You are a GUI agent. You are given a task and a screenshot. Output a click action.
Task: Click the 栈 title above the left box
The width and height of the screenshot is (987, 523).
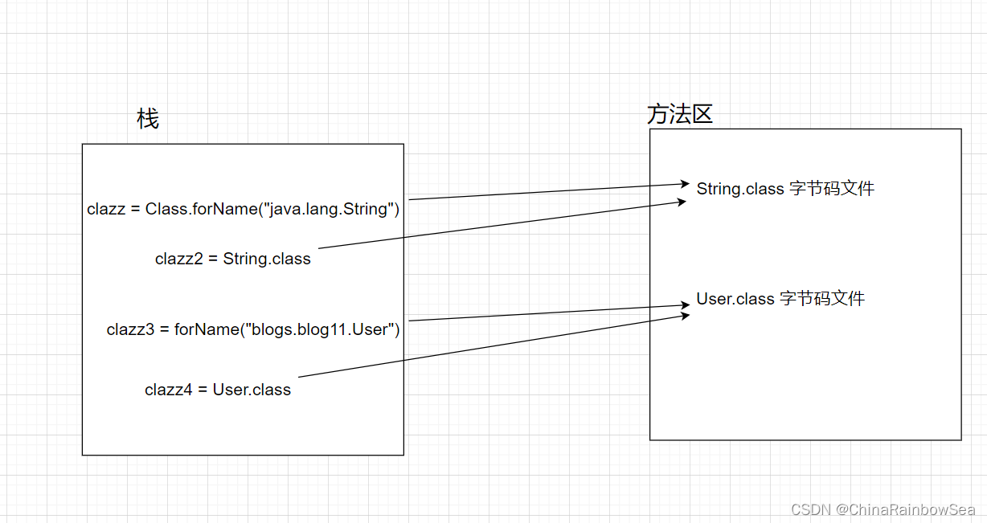tap(148, 119)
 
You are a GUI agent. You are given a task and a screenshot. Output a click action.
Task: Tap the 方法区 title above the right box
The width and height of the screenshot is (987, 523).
tap(679, 114)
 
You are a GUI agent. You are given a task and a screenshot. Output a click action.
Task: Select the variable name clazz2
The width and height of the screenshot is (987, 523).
tap(179, 259)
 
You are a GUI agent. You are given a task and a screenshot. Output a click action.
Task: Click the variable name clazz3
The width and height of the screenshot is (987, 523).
tap(130, 329)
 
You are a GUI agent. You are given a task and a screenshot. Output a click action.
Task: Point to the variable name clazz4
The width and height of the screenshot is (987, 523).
tap(168, 390)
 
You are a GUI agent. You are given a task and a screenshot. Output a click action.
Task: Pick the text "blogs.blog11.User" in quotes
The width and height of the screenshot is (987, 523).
tap(318, 329)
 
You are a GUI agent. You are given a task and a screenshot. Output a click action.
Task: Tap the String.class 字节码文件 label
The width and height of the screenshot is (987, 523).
tap(785, 189)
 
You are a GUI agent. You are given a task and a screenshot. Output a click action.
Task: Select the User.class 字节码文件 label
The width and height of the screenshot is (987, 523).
tap(780, 299)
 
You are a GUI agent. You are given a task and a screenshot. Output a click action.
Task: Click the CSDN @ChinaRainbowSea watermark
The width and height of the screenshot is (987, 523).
tap(883, 509)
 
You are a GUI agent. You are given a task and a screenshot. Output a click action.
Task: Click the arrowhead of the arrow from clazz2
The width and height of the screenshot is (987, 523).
tap(682, 202)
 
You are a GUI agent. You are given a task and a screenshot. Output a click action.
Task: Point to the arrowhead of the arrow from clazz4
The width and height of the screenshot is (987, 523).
tap(685, 316)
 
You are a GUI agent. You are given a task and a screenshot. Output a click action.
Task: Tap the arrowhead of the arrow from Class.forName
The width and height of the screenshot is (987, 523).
tap(685, 184)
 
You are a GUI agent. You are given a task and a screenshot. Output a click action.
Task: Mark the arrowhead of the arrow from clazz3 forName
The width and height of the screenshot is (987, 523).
tap(685, 304)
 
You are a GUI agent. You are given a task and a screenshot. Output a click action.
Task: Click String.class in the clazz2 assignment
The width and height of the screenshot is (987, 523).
tap(267, 259)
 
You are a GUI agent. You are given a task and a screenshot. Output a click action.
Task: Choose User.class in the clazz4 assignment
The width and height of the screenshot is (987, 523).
tap(252, 390)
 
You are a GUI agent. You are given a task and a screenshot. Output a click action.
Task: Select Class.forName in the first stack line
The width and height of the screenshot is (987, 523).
tap(202, 209)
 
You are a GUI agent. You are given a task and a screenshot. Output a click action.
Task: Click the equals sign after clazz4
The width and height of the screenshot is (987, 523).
tap(203, 390)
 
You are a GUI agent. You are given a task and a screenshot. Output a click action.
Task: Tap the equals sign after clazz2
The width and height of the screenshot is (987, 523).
tap(213, 259)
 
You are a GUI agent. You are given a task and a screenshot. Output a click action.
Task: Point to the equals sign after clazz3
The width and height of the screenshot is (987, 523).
tap(164, 329)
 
